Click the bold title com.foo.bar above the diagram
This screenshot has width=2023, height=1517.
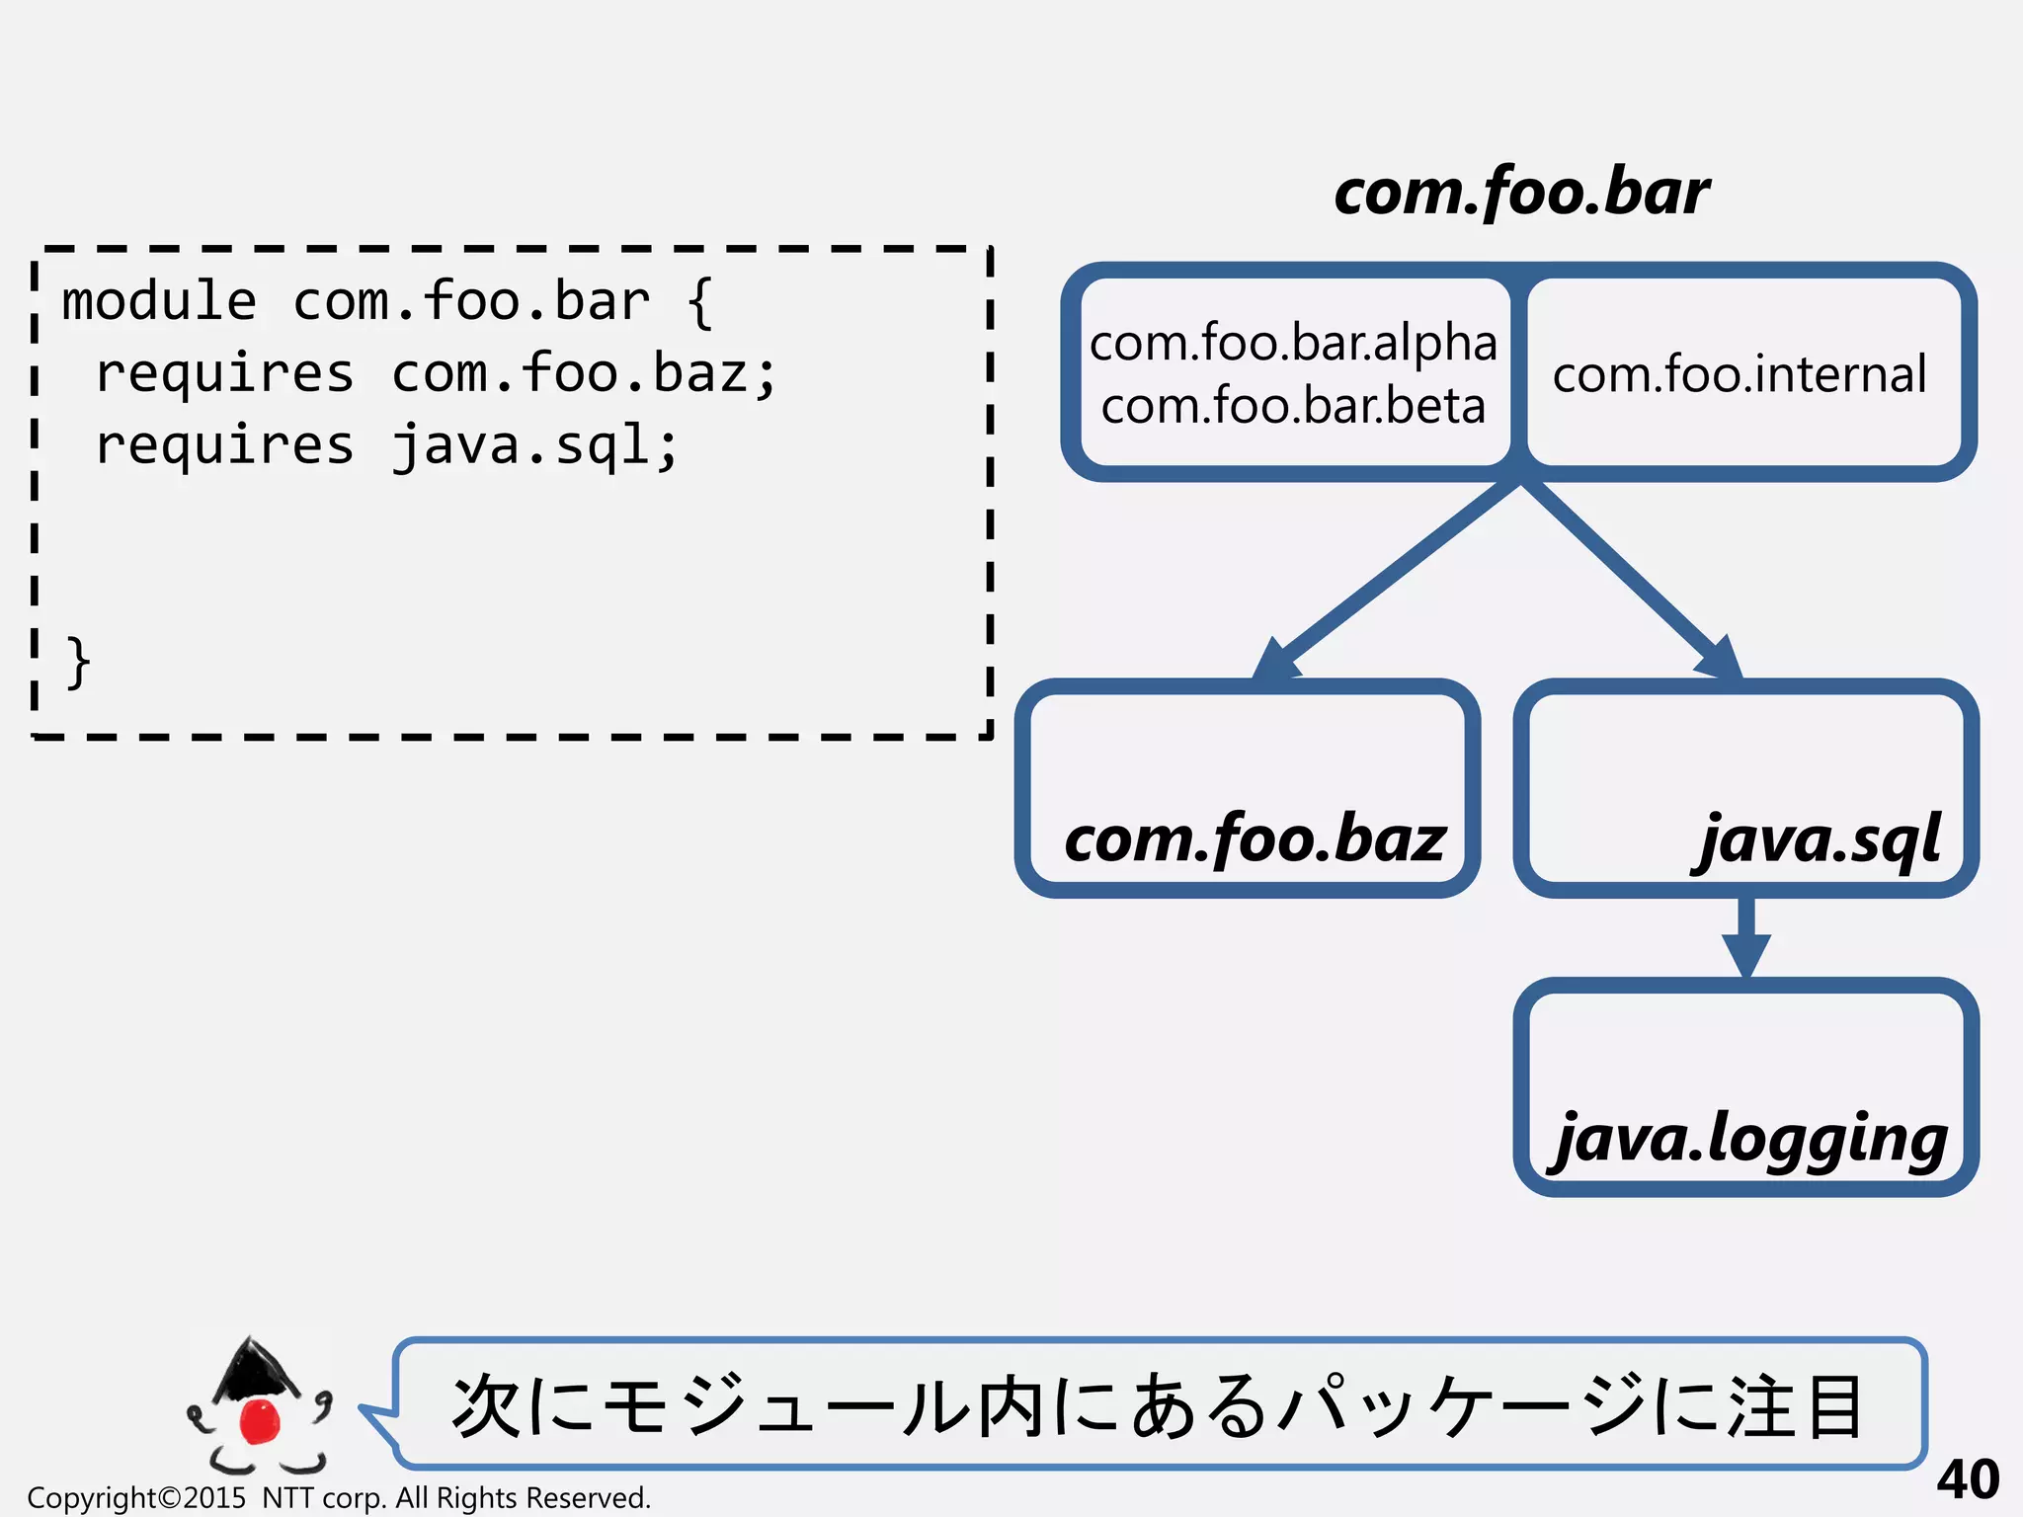pyautogui.click(x=1521, y=192)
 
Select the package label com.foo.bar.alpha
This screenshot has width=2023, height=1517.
pyautogui.click(x=1293, y=343)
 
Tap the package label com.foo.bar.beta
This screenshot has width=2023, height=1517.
pyautogui.click(x=1293, y=406)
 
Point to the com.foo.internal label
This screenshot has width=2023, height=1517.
pyautogui.click(x=1740, y=374)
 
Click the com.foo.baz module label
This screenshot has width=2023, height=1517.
pyautogui.click(x=1254, y=838)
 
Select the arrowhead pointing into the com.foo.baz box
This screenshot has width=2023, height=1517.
pyautogui.click(x=1275, y=659)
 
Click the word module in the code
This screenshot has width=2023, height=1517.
pyautogui.click(x=159, y=301)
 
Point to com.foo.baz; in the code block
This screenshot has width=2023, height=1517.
pyautogui.click(x=584, y=373)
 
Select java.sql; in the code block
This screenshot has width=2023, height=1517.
pyautogui.click(x=534, y=445)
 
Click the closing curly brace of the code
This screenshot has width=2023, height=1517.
pyautogui.click(x=78, y=662)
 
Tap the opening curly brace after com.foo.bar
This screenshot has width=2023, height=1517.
pyautogui.click(x=699, y=301)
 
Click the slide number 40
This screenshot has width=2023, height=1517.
pyautogui.click(x=1967, y=1478)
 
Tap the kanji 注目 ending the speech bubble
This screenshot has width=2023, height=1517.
pyautogui.click(x=1794, y=1405)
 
